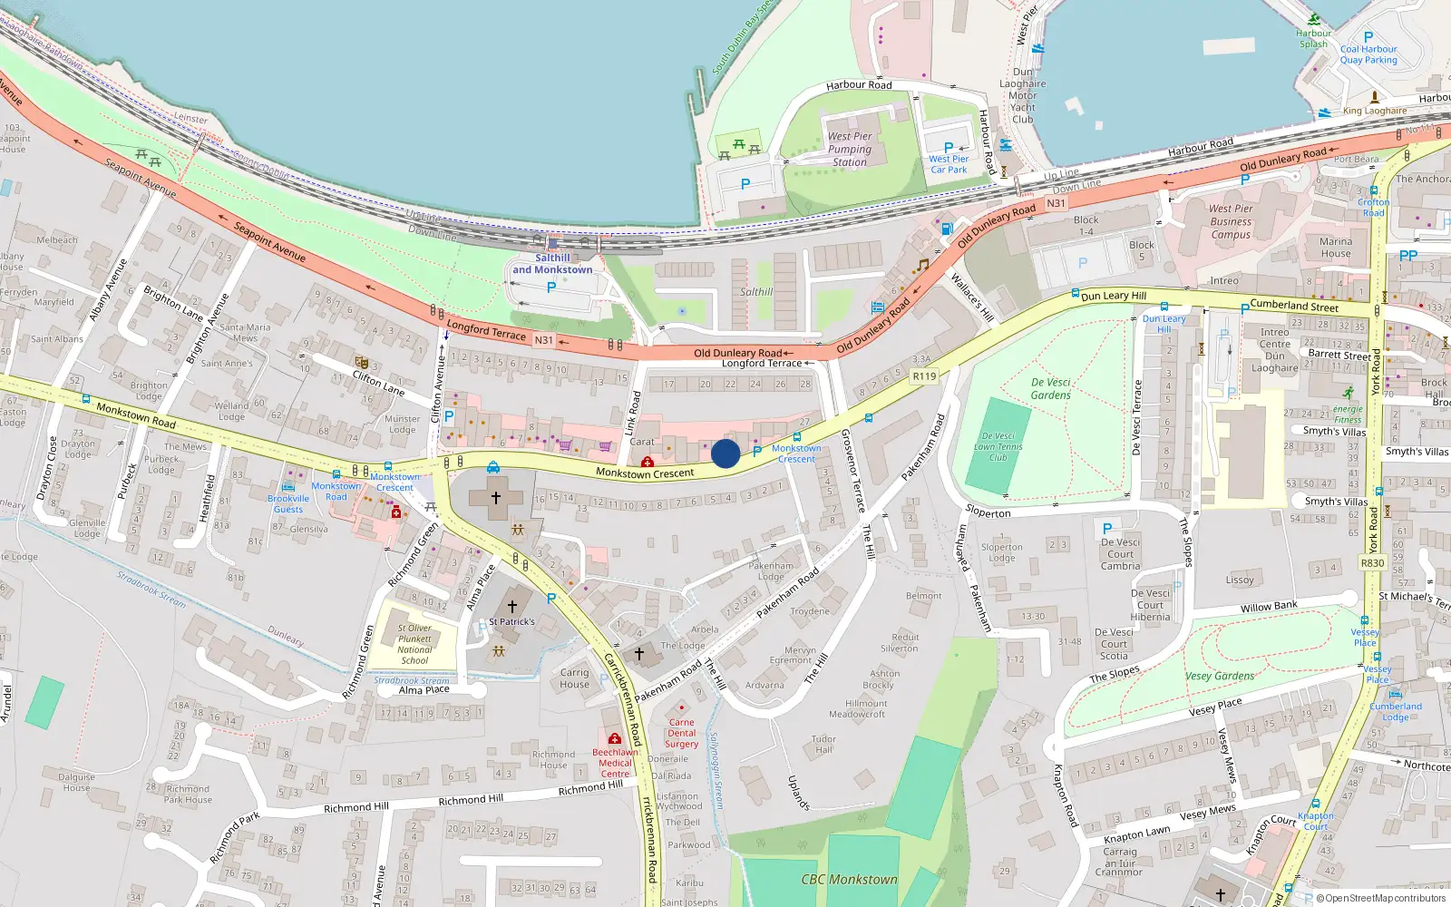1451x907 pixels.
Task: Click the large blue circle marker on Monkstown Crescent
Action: coord(725,453)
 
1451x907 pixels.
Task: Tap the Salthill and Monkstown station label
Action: coord(552,264)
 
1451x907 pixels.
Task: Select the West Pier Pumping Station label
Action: coord(850,150)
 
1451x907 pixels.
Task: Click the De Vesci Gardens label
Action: coord(1051,388)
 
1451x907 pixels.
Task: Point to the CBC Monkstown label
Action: coord(849,879)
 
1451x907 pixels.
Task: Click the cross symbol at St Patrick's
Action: coord(512,606)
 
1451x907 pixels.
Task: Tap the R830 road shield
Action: coord(1372,563)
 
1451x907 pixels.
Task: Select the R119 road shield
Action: coord(924,376)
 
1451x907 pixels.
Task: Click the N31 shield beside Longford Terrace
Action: coord(543,340)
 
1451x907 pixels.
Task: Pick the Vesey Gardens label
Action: coord(1220,676)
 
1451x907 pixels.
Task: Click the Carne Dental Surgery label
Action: coord(681,733)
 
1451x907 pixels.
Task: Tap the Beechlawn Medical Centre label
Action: coord(615,763)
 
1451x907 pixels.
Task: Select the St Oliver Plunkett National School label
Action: coord(414,644)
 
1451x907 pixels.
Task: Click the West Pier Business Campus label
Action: coord(1231,221)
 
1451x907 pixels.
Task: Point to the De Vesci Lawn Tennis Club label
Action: coord(998,446)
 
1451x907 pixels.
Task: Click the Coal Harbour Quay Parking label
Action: coord(1368,54)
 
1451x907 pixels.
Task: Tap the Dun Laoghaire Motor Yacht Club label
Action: coord(1023,95)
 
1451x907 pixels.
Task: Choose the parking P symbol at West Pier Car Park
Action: coord(949,147)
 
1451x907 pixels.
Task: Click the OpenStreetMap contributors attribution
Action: coord(1380,899)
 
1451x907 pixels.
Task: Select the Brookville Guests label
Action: coord(288,503)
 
